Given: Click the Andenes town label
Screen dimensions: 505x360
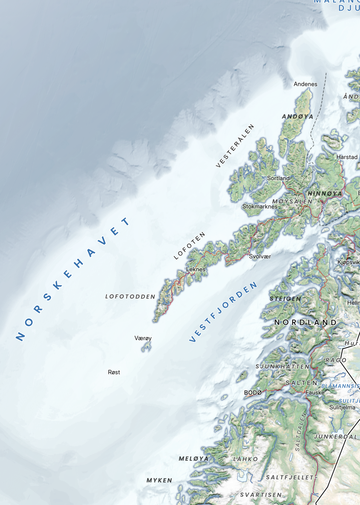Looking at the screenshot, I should [305, 84].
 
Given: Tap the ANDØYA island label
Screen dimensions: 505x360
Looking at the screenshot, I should [298, 116].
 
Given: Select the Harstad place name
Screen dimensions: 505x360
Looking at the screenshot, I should [347, 157].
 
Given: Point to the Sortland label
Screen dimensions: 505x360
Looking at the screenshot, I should [278, 178].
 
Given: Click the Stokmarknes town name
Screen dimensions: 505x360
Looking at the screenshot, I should [260, 206].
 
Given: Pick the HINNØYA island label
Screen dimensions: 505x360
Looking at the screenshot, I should [325, 193].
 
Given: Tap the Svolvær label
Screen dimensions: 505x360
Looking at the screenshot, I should [260, 256].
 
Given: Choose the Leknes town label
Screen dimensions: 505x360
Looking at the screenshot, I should [196, 269].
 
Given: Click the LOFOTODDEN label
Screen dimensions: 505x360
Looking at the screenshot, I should [130, 297].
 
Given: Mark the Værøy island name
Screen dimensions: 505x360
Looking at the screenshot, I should [143, 338].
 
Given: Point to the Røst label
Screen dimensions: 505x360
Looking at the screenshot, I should [114, 372].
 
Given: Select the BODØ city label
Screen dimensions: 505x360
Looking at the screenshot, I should [253, 392].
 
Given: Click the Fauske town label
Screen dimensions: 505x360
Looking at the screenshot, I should [315, 392].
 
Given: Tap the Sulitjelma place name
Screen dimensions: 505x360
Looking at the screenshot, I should [342, 407].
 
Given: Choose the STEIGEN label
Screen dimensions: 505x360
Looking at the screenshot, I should [286, 299].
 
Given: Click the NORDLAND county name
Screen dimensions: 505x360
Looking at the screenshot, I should [305, 322].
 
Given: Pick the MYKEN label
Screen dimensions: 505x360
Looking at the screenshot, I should [159, 480].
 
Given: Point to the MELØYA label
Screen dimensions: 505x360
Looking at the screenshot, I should [193, 458].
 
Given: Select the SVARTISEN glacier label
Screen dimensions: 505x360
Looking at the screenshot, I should [261, 495].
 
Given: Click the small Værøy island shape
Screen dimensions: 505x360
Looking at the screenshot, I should [146, 347].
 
